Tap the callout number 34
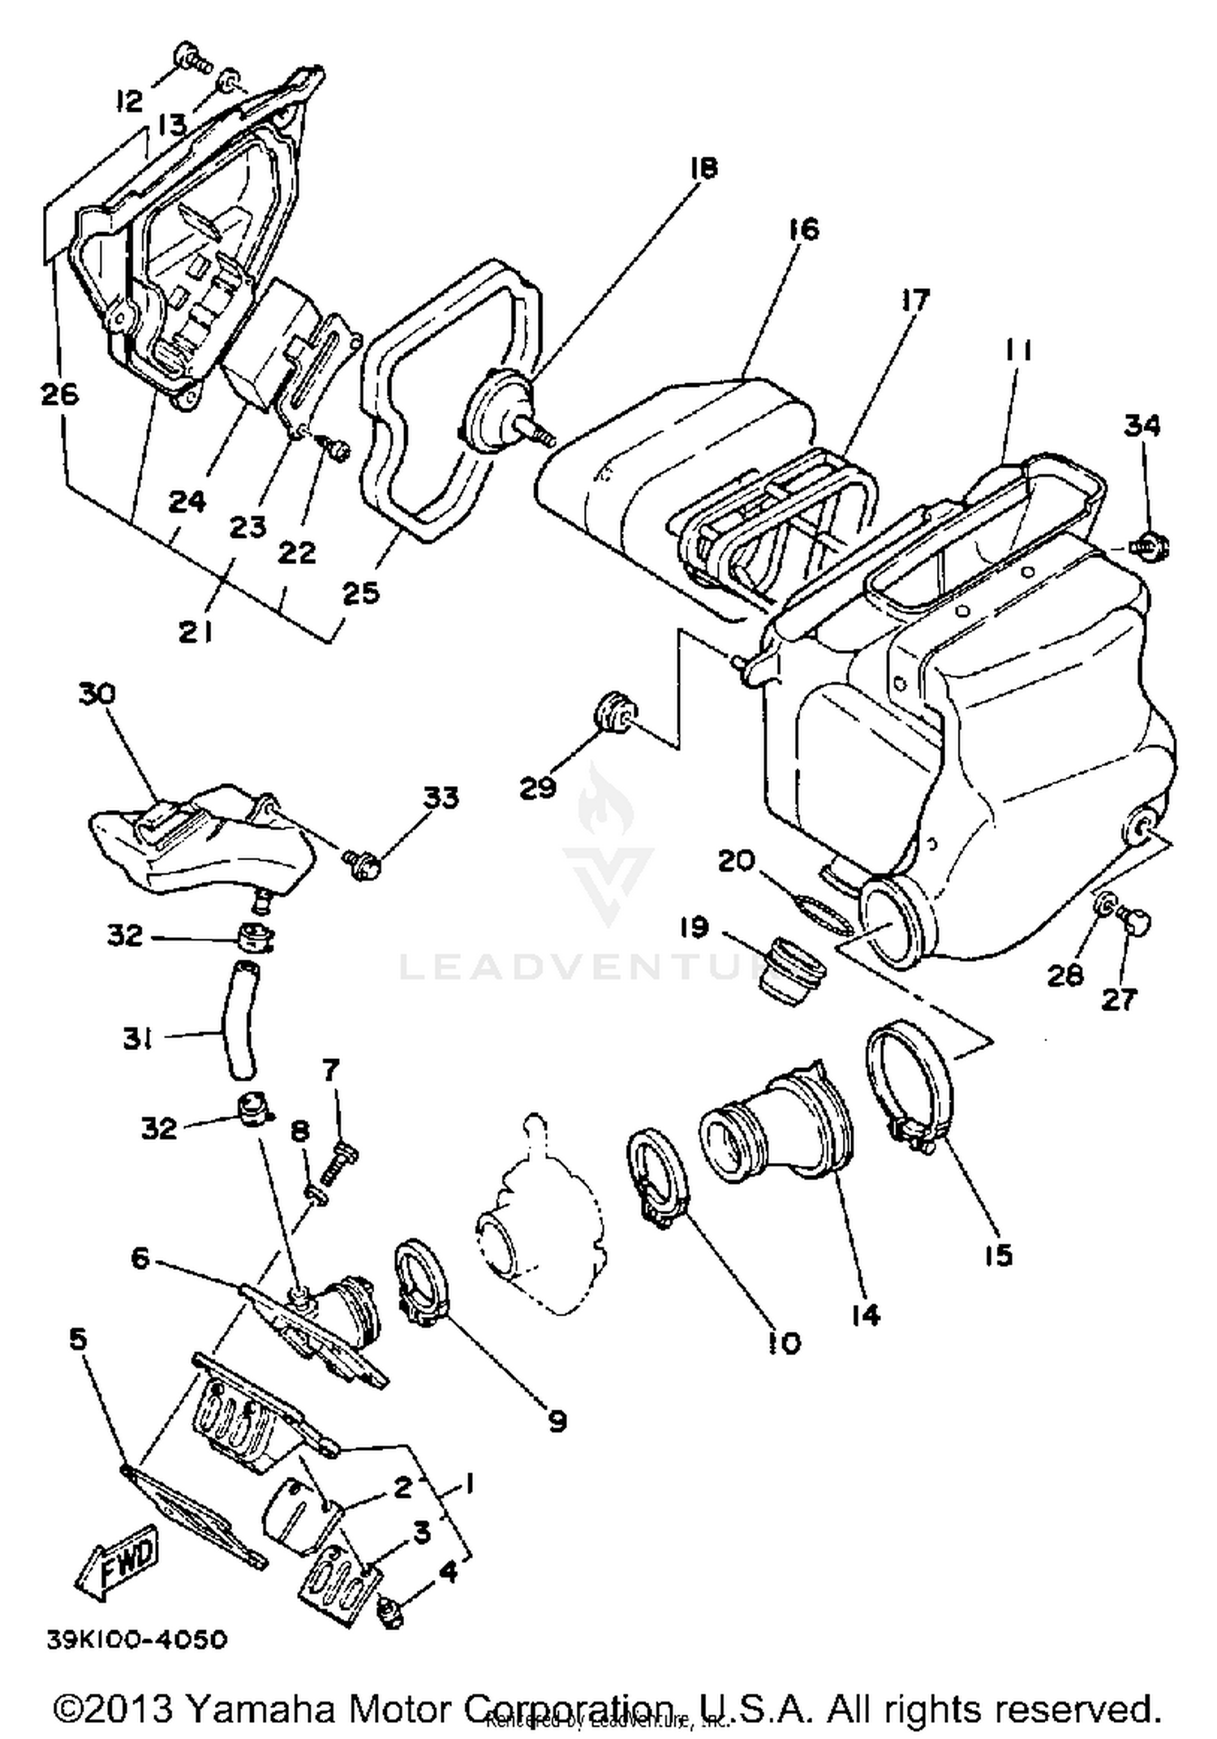click(x=1142, y=425)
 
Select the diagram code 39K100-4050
click(x=137, y=1640)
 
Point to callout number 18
click(x=703, y=168)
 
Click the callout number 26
click(x=60, y=394)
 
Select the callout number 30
click(x=97, y=694)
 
